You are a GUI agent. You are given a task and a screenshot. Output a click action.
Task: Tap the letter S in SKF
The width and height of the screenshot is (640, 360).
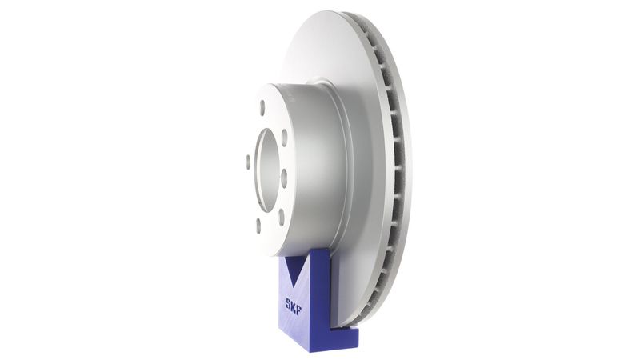287,302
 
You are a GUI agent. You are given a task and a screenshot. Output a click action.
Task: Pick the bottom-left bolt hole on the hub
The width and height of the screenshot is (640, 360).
258,225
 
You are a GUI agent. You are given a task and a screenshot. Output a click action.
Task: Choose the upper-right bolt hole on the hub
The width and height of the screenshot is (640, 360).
284,138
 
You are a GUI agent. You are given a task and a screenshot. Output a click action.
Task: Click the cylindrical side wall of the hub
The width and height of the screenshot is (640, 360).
316,160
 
